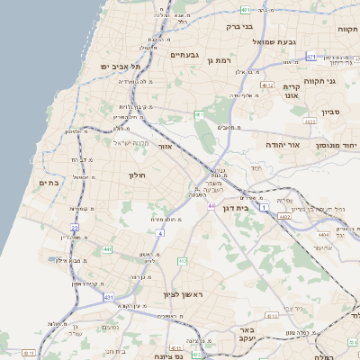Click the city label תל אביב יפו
[123, 67]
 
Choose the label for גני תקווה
[345, 81]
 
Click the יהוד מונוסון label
[337, 144]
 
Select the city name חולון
[137, 175]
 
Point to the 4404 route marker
[323, 234]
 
